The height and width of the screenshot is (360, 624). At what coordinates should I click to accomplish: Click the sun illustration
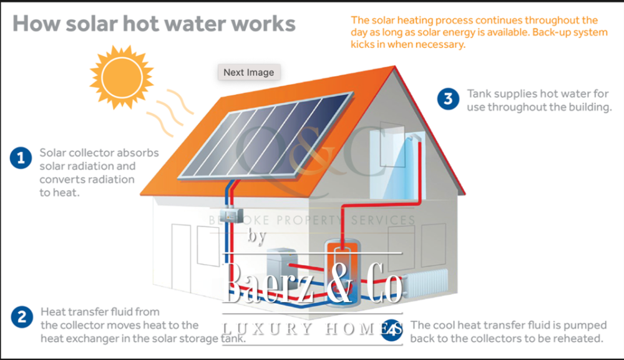click(120, 74)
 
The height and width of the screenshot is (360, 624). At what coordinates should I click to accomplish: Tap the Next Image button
click(248, 72)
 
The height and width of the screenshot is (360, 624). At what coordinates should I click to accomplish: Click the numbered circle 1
click(21, 158)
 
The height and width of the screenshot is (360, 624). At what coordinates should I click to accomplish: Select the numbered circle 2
click(21, 317)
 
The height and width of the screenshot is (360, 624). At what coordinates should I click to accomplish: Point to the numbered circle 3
click(448, 99)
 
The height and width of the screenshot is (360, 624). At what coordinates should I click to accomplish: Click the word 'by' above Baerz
click(257, 236)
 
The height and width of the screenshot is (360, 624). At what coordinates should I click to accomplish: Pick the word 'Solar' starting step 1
click(54, 152)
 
